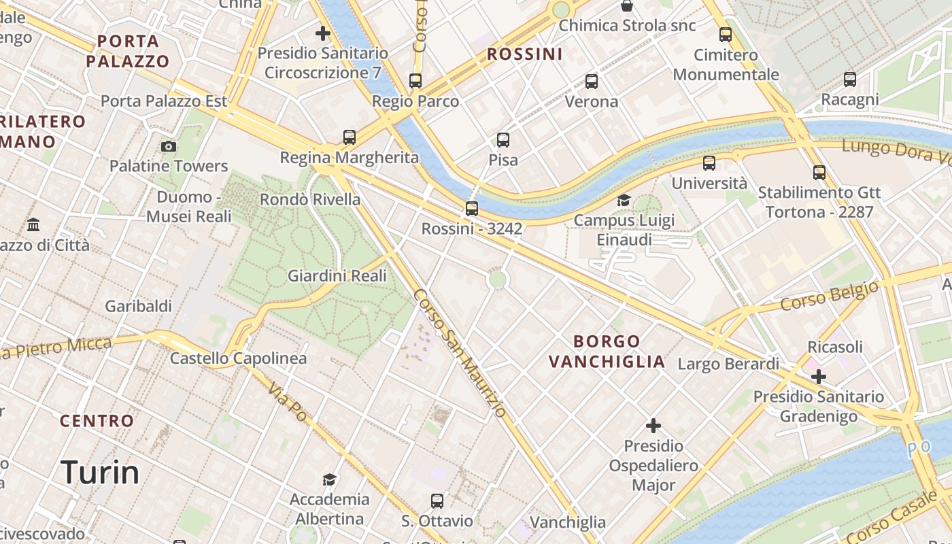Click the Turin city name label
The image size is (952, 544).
click(x=100, y=472)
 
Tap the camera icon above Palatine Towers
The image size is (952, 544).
click(x=169, y=146)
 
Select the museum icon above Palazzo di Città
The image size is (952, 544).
click(x=33, y=224)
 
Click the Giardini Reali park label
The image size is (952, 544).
click(x=337, y=275)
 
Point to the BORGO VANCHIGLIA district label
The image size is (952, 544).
click(x=607, y=351)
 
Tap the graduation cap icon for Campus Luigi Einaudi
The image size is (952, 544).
click(x=624, y=200)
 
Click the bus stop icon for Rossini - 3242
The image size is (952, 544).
click(x=472, y=208)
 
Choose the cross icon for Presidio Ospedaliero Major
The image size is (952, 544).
click(x=653, y=426)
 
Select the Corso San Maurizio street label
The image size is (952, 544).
click(x=460, y=353)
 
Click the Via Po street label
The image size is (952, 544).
click(x=288, y=401)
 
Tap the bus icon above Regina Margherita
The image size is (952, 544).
click(x=350, y=137)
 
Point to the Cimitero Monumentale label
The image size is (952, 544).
click(x=726, y=65)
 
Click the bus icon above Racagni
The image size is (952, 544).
click(x=850, y=80)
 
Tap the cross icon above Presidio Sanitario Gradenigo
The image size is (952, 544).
click(x=819, y=376)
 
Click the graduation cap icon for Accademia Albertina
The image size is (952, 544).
click(x=330, y=479)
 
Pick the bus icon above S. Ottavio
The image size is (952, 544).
click(x=437, y=501)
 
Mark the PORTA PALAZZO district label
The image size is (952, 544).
click(x=128, y=51)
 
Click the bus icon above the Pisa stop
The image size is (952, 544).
click(x=503, y=140)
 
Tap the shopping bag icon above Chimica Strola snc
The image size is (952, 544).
click(x=627, y=6)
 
